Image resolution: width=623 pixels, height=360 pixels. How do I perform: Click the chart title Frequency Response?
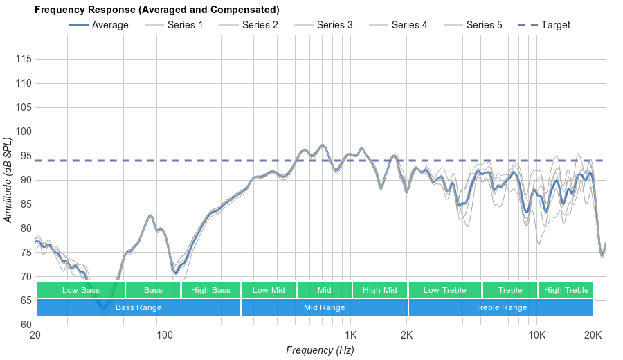tap(156, 10)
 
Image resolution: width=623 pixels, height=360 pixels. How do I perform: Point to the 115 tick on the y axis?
tap(23, 60)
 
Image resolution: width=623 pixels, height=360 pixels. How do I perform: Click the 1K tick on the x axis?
tap(350, 335)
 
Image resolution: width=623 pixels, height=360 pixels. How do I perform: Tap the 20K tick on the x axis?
tap(593, 335)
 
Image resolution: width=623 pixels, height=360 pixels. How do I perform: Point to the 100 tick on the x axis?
tap(165, 335)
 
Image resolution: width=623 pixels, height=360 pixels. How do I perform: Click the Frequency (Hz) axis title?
tap(320, 350)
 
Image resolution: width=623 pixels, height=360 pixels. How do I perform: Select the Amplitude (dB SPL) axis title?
tap(8, 180)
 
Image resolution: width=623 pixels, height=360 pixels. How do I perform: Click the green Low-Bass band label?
tap(80, 290)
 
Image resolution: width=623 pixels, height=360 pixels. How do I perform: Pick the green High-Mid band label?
tap(379, 290)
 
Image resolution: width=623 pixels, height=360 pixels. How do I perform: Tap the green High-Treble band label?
tap(566, 290)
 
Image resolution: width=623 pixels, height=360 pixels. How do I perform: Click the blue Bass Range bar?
tap(138, 307)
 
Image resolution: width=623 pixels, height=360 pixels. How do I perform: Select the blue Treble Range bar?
tap(500, 307)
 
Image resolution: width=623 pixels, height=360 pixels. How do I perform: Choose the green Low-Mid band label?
tap(268, 290)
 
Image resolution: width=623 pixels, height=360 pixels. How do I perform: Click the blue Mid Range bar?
tap(324, 307)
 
